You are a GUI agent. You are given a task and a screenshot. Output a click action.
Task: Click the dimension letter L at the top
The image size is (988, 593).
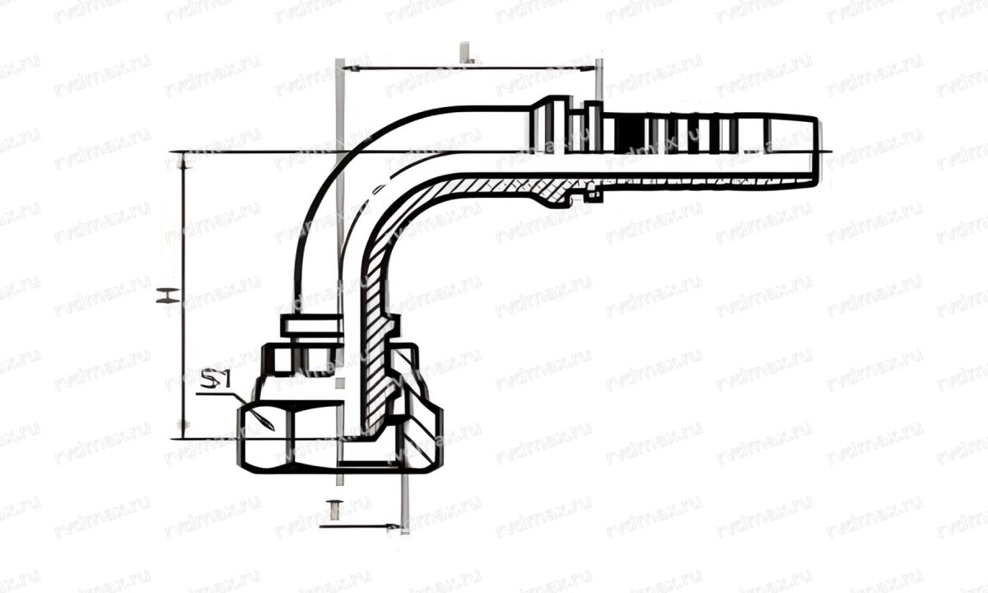(x=467, y=56)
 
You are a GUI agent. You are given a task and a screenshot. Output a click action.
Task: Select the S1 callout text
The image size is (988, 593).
(x=216, y=381)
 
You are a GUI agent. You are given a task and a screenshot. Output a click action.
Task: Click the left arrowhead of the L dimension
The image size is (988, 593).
(x=346, y=68)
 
